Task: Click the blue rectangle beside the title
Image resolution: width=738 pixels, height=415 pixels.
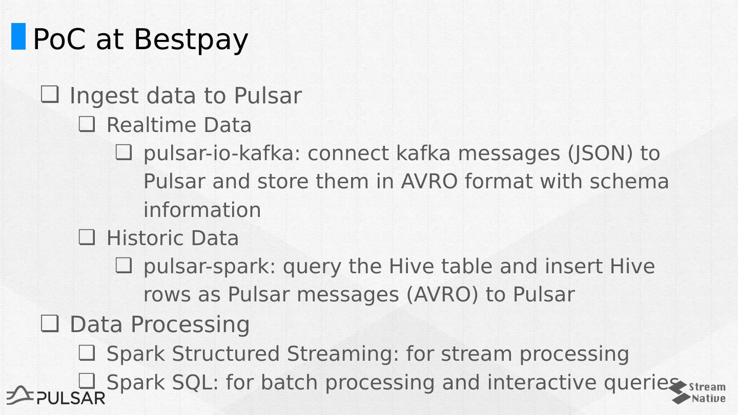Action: tap(18, 36)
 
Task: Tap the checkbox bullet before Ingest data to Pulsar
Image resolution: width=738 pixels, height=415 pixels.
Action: tap(50, 95)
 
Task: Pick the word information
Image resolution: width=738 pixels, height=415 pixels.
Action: tap(202, 210)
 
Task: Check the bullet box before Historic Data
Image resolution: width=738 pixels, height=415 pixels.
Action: tap(87, 237)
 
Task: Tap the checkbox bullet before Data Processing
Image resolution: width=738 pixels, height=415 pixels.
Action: tap(50, 323)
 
